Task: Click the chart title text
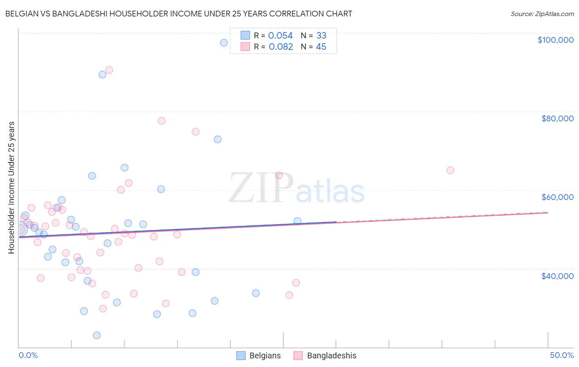[178, 14]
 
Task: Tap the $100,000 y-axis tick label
[556, 40]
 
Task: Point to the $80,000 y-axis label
[557, 118]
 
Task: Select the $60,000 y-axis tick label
[557, 197]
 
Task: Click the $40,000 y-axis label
[557, 276]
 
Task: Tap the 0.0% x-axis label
[28, 355]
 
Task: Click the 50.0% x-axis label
[562, 355]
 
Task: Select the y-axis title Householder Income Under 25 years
[12, 188]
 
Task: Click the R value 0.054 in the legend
[280, 36]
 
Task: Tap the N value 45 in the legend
[321, 47]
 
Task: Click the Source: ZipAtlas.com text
[542, 14]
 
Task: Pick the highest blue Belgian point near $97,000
[224, 43]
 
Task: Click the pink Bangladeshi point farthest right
[450, 170]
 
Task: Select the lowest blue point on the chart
[97, 335]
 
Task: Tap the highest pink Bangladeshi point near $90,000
[109, 70]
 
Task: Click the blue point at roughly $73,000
[218, 139]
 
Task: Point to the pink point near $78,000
[161, 121]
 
